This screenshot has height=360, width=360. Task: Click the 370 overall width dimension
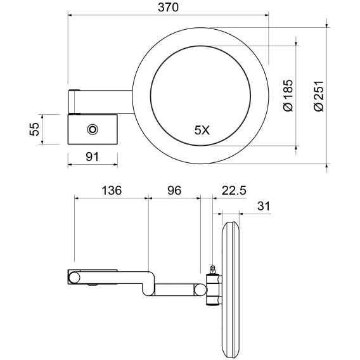pos(168,8)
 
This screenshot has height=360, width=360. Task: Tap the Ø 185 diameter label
pos(288,96)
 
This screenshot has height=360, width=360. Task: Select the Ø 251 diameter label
pos(319,96)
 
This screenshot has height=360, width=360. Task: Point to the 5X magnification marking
pos(202,131)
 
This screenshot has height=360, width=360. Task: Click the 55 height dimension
pos(35,129)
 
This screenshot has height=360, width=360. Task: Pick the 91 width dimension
pos(93,157)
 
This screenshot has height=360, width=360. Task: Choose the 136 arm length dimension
pos(112,191)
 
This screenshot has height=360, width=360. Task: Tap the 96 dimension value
pos(174,191)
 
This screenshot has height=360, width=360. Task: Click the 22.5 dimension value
pos(234,191)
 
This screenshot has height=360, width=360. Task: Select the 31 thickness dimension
pos(264,206)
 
